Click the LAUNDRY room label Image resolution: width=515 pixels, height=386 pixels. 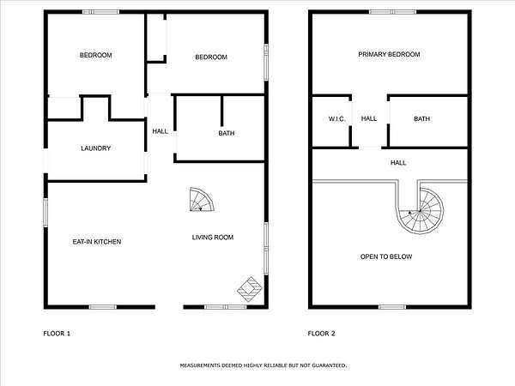click(x=95, y=148)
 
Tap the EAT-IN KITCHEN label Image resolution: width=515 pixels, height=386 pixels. click(x=97, y=242)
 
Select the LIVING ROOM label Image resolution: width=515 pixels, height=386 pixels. click(x=213, y=238)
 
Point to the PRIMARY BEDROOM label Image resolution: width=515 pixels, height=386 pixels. click(x=389, y=55)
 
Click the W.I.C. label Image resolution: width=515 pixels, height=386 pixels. click(x=336, y=119)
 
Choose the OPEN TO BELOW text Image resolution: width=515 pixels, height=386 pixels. click(x=386, y=256)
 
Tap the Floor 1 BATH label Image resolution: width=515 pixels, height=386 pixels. click(x=227, y=133)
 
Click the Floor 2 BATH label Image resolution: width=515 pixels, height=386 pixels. click(x=422, y=119)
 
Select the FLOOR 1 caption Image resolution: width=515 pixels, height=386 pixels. click(x=57, y=334)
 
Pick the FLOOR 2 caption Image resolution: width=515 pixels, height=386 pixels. click(x=322, y=334)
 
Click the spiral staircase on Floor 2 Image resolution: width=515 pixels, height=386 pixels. click(x=421, y=211)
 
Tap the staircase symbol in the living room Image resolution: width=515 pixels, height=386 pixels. click(x=202, y=200)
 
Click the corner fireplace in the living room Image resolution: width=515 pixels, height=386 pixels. click(x=251, y=289)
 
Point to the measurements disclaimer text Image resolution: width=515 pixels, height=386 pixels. click(x=264, y=365)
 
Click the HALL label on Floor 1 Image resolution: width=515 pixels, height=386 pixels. click(x=161, y=131)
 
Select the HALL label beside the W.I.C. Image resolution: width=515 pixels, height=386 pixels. click(x=369, y=118)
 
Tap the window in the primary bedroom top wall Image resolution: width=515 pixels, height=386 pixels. click(x=392, y=12)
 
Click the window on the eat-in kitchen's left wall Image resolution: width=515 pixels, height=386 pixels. click(x=45, y=213)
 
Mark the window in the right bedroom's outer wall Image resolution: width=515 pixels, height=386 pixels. click(x=266, y=62)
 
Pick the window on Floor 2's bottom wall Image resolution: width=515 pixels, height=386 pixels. click(x=392, y=307)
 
